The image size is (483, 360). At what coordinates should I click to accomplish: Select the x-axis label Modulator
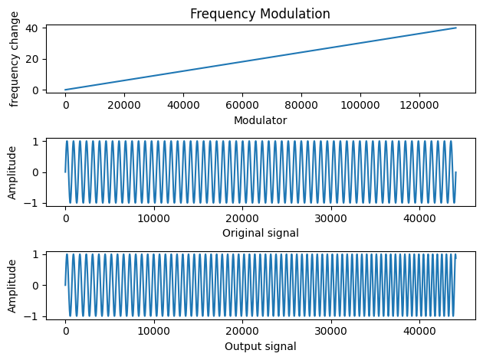pyautogui.click(x=260, y=119)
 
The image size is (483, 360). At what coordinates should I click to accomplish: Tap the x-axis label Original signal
pyautogui.click(x=260, y=233)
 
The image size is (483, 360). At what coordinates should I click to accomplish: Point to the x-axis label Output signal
pyautogui.click(x=260, y=346)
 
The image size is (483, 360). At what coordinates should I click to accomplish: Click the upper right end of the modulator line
pyautogui.click(x=456, y=28)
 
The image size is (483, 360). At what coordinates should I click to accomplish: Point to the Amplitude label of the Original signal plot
pyautogui.click(x=13, y=172)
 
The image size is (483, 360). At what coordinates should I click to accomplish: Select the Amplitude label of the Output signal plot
pyautogui.click(x=13, y=285)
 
